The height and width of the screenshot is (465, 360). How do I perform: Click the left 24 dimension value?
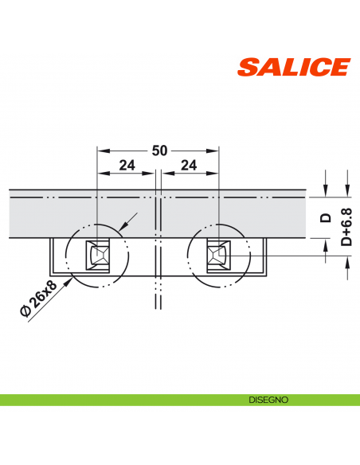click(127, 166)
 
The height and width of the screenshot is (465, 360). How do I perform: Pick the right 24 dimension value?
click(189, 166)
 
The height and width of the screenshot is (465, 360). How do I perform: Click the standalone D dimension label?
click(325, 217)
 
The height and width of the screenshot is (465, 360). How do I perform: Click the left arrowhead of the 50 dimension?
click(101, 150)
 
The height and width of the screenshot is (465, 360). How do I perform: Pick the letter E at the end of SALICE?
click(338, 68)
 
